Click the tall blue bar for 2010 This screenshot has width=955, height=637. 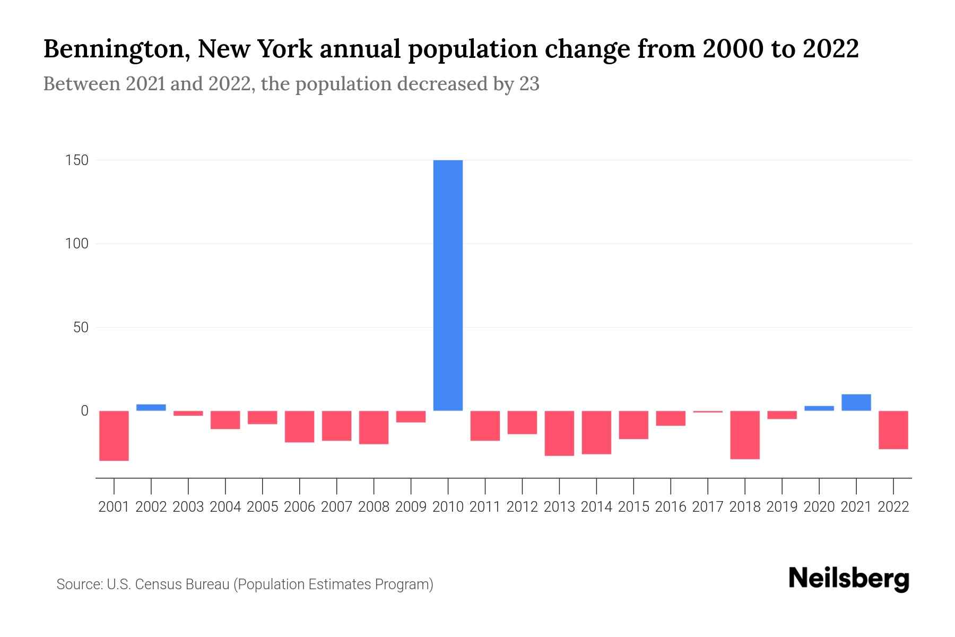(448, 285)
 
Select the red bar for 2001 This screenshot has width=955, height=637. (114, 435)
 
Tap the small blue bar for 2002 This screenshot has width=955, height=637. (151, 407)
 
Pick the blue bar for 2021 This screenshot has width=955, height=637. (856, 402)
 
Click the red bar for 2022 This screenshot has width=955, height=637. (893, 429)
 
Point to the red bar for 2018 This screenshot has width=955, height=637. (745, 434)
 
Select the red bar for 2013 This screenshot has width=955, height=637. (559, 433)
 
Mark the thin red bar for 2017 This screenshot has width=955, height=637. (708, 411)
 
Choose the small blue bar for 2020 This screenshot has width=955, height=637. (819, 408)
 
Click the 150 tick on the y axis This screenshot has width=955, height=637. (77, 160)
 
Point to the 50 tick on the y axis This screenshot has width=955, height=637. (81, 328)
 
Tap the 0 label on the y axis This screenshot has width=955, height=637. (84, 411)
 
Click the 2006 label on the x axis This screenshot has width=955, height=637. (299, 507)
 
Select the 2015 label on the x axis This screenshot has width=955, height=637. (633, 507)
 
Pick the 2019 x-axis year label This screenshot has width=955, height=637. (782, 507)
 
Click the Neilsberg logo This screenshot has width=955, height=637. (849, 579)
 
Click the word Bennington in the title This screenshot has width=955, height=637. (115, 49)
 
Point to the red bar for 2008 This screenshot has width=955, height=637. (374, 427)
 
